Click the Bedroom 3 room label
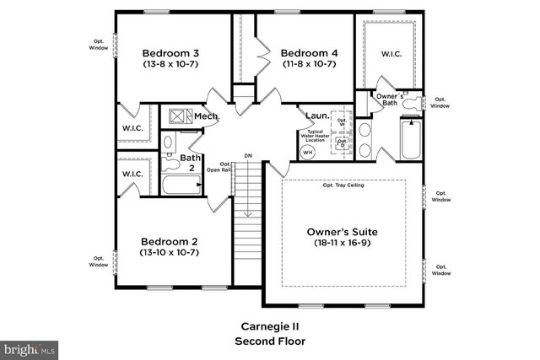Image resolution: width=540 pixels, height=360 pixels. (x=170, y=52)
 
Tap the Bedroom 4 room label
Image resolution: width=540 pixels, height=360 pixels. (x=310, y=52)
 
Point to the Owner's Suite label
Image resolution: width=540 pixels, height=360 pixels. (x=342, y=231)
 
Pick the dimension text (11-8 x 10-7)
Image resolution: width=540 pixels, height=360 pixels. (x=310, y=64)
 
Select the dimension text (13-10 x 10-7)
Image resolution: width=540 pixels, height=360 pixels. (x=169, y=251)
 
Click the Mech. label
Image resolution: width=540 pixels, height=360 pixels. (x=207, y=116)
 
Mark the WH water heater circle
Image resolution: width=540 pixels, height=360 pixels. (x=307, y=152)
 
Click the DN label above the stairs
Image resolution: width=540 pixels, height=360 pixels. (x=248, y=156)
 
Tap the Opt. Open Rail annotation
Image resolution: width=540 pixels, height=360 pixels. (x=225, y=167)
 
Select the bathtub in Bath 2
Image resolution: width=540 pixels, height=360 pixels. (x=178, y=185)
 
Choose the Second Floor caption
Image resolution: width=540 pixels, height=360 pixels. (x=268, y=341)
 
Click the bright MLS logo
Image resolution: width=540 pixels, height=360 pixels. (x=29, y=347)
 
